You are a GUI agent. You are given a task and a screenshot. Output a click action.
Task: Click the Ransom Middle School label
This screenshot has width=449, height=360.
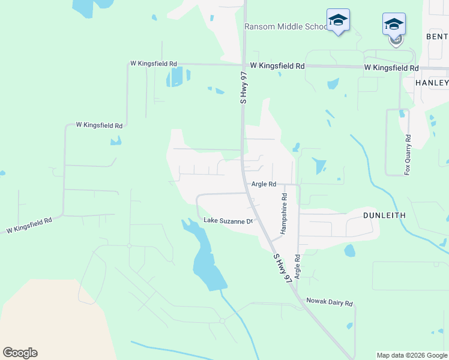[x=285, y=27]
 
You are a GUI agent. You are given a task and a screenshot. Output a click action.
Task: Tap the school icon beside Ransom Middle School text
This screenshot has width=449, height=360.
[x=338, y=20]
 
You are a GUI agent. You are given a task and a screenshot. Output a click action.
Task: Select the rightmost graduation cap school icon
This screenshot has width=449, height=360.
[x=394, y=25]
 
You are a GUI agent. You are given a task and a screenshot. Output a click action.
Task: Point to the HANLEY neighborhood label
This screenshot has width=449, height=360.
[x=432, y=82]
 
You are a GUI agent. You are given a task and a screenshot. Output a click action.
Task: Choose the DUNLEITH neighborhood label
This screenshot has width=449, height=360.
[x=384, y=215]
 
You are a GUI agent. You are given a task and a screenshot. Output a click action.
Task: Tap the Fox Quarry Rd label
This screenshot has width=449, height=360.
[x=408, y=155]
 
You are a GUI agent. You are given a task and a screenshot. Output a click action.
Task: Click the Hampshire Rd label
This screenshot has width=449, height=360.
[x=284, y=213]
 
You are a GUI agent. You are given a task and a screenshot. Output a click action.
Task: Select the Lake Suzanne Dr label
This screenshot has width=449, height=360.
[x=229, y=221]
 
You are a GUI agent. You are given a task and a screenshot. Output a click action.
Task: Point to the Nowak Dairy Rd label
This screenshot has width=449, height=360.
[x=329, y=303]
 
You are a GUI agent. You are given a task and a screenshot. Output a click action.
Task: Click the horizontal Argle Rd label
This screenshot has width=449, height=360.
[x=264, y=184]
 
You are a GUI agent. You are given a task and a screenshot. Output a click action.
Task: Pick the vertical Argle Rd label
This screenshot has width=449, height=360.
[x=297, y=265]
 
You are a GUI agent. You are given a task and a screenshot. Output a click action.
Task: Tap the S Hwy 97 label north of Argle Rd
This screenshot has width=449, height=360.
[x=244, y=88]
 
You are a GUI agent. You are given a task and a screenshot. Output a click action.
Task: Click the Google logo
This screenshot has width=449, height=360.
[x=20, y=353]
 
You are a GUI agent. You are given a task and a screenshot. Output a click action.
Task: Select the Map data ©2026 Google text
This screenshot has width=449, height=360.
[x=412, y=355]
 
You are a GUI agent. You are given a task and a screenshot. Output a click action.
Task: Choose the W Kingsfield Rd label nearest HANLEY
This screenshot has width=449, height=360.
[x=391, y=68]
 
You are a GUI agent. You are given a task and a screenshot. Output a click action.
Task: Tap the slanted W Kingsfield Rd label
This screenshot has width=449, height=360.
[x=29, y=225]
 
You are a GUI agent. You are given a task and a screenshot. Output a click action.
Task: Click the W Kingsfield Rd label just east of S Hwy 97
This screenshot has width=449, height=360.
[x=277, y=65]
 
